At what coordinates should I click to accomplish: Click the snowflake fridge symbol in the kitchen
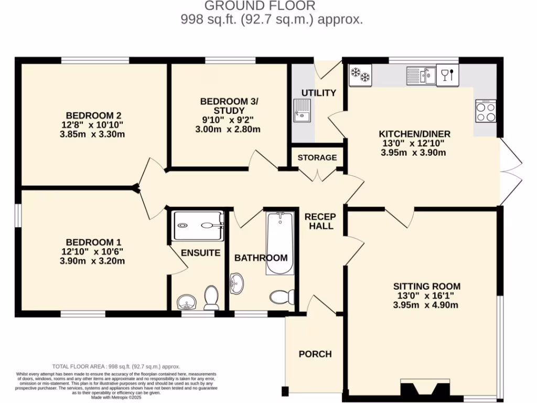pyautogui.click(x=360, y=75)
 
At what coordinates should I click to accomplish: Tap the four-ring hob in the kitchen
pyautogui.click(x=486, y=111)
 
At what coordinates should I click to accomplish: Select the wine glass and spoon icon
pyautogui.click(x=447, y=75)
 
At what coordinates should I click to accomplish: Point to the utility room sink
pyautogui.click(x=302, y=111)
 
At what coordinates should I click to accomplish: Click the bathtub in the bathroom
pyautogui.click(x=279, y=243)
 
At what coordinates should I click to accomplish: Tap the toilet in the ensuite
pyautogui.click(x=211, y=298)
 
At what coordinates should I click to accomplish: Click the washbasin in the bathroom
pyautogui.click(x=238, y=284)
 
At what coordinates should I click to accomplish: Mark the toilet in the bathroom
pyautogui.click(x=282, y=298)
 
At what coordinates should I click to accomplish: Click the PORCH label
pyautogui.click(x=315, y=354)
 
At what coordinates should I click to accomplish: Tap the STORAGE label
pyautogui.click(x=317, y=157)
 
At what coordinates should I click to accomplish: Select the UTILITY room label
pyautogui.click(x=318, y=93)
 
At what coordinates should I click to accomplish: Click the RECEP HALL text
pyautogui.click(x=320, y=221)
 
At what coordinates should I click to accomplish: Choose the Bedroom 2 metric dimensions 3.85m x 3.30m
pyautogui.click(x=92, y=134)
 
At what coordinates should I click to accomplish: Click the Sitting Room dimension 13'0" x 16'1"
pyautogui.click(x=427, y=296)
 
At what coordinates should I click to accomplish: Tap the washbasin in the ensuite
pyautogui.click(x=186, y=302)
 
